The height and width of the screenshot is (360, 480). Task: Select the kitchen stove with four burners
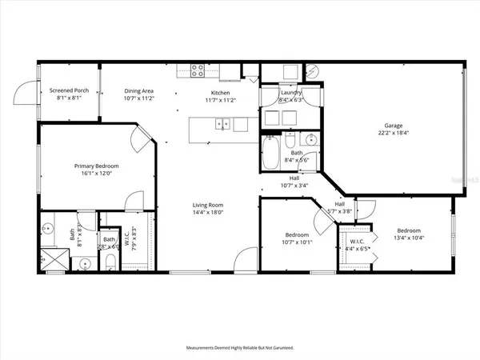196,72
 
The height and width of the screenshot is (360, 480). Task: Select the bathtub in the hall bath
270,153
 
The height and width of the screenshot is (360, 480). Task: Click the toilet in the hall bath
291,142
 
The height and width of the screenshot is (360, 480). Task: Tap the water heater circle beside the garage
313,71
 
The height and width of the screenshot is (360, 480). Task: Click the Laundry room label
290,93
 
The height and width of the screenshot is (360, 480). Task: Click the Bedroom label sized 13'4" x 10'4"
410,234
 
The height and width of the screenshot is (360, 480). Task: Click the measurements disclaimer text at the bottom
240,348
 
